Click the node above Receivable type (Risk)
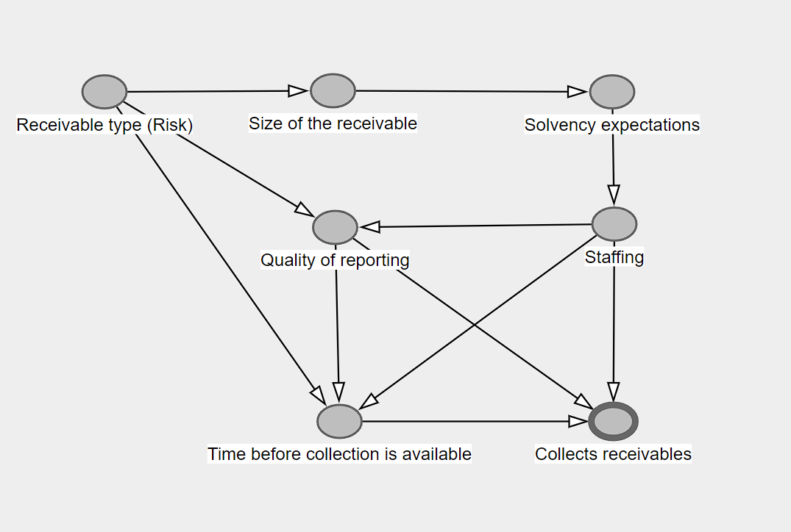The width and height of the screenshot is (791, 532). [104, 92]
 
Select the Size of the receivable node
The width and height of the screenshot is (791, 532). [333, 91]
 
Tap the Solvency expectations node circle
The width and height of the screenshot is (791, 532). [612, 92]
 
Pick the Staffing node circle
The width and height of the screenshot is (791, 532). [614, 223]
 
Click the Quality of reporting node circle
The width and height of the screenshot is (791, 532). [336, 227]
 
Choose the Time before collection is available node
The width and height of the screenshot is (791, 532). [340, 421]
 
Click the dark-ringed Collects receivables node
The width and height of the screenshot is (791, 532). [613, 422]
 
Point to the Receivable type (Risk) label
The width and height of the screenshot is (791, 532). [104, 125]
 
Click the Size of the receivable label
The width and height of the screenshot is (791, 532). [333, 123]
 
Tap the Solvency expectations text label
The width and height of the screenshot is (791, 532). [612, 125]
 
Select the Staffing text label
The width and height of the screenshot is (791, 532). [614, 257]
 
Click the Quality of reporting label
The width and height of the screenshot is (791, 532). [335, 260]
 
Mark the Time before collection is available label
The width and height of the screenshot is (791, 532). [339, 454]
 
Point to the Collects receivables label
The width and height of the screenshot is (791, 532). [613, 454]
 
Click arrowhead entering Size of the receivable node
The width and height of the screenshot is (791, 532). [298, 91]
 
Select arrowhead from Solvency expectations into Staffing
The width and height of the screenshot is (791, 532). [614, 195]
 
